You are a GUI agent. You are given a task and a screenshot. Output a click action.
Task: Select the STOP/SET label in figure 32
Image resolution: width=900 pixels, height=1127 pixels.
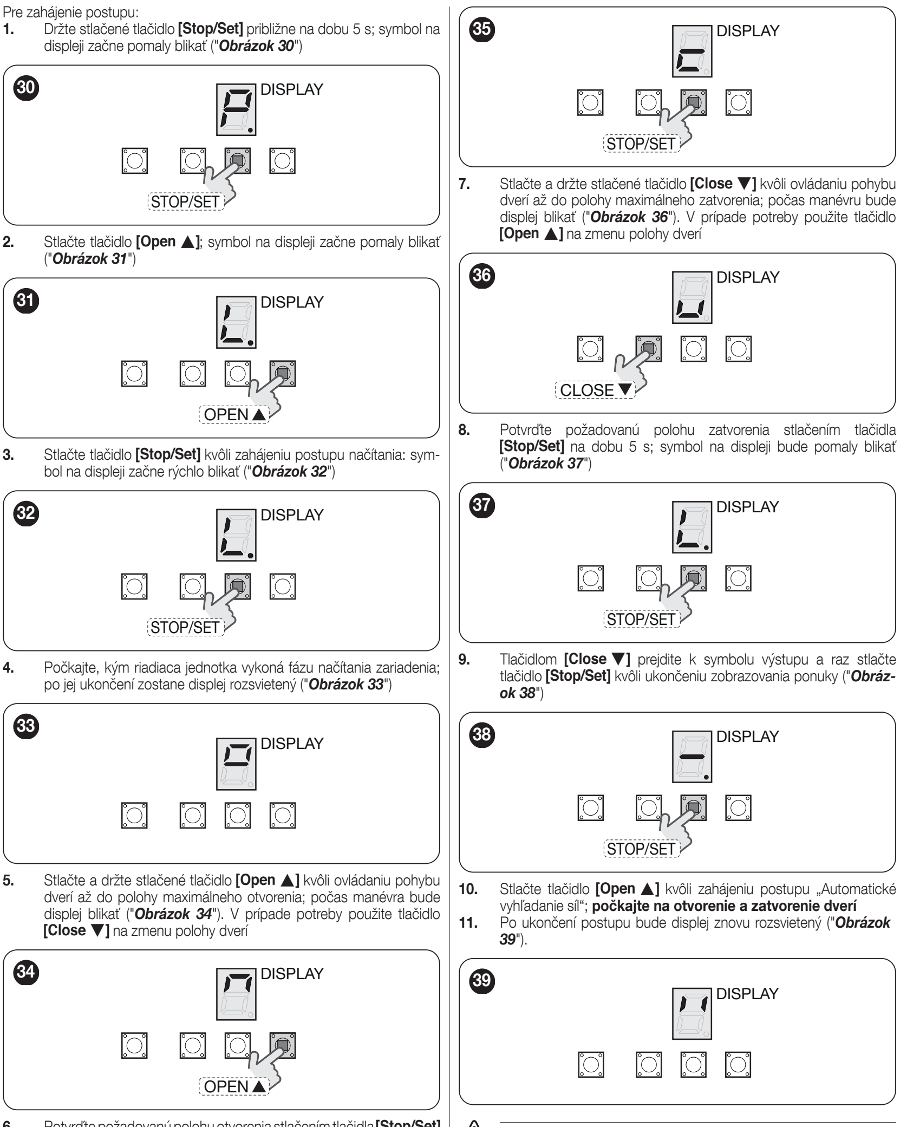pyautogui.click(x=185, y=627)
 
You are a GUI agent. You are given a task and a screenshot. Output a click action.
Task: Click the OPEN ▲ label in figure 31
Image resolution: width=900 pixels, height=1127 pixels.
pyautogui.click(x=234, y=415)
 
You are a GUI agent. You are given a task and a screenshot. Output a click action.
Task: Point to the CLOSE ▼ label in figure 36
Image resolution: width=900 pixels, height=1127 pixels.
pyautogui.click(x=594, y=390)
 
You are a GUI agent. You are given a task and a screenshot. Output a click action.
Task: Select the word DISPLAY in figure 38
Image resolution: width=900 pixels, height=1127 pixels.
pyautogui.click(x=747, y=736)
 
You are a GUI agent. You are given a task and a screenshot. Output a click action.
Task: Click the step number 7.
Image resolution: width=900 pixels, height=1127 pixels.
pyautogui.click(x=464, y=183)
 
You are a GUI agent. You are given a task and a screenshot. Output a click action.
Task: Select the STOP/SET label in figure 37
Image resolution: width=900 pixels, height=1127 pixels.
pyautogui.click(x=641, y=620)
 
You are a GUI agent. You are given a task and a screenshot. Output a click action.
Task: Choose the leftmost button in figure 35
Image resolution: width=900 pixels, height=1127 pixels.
pyautogui.click(x=591, y=102)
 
